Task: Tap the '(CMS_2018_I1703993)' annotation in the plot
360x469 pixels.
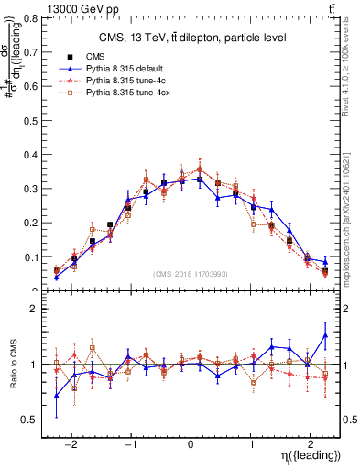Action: tap(191, 274)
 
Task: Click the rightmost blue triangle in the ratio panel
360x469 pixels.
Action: tap(325, 335)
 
